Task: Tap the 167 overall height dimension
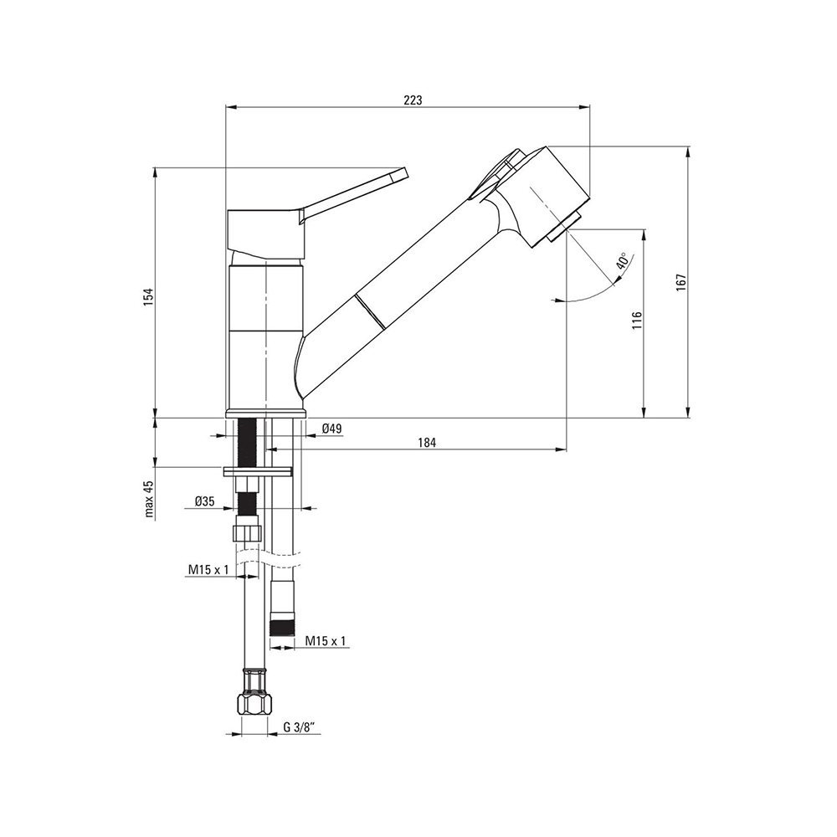[680, 282]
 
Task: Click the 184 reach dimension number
[427, 442]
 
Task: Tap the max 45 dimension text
[149, 499]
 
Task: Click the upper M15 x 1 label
[208, 570]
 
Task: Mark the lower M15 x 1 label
[326, 641]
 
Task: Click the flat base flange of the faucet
[266, 412]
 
